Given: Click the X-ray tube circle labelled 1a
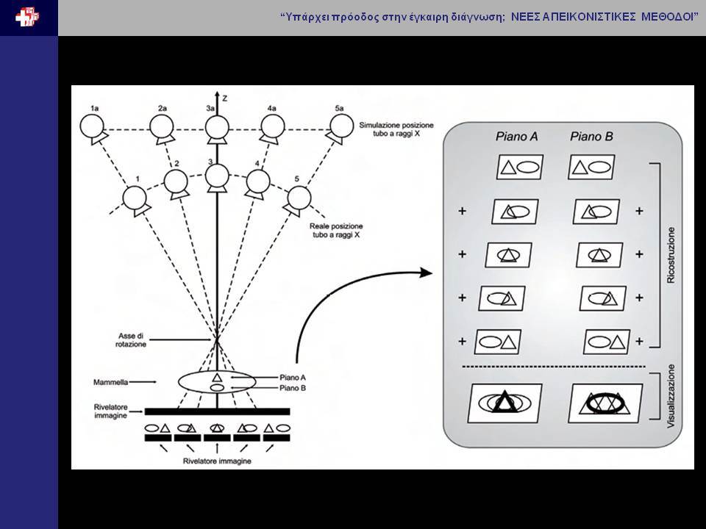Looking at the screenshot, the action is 92,126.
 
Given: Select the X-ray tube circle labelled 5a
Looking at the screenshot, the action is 342,126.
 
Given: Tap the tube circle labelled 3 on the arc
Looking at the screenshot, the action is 217,176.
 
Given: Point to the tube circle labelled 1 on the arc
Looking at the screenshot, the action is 135,198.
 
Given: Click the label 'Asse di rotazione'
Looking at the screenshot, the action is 131,340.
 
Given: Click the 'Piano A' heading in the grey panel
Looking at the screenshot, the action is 516,137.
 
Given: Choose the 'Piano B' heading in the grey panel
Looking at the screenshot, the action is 591,137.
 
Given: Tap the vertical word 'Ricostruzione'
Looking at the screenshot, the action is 671,255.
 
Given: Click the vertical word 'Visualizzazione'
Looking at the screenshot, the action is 671,396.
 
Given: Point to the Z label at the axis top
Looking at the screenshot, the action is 225,98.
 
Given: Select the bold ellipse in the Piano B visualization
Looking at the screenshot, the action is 605,401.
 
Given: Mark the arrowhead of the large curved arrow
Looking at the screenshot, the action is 426,273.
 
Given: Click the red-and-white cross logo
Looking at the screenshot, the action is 27,18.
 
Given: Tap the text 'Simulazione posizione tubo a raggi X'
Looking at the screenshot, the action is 396,129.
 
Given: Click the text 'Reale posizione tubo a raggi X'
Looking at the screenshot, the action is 336,230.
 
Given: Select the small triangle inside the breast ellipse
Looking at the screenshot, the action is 217,377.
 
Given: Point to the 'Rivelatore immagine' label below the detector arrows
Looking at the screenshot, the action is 217,461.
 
